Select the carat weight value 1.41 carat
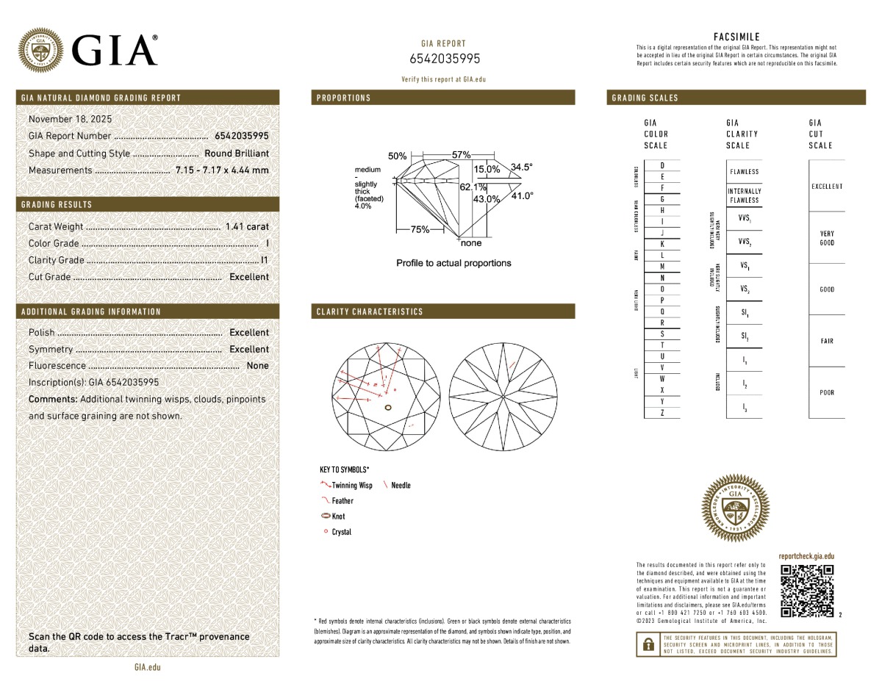[247, 227]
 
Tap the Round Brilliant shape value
[237, 154]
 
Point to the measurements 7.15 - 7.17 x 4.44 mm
[222, 170]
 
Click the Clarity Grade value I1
[265, 260]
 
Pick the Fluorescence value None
[257, 366]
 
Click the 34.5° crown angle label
[521, 167]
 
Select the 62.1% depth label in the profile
[473, 187]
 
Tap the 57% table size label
[461, 155]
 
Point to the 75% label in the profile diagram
[420, 229]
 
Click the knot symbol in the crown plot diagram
[388, 406]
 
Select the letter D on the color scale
[662, 165]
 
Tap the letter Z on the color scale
[662, 414]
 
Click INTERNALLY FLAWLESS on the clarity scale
[744, 195]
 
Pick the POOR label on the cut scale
[827, 392]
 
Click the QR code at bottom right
[807, 591]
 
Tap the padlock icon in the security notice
[648, 644]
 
